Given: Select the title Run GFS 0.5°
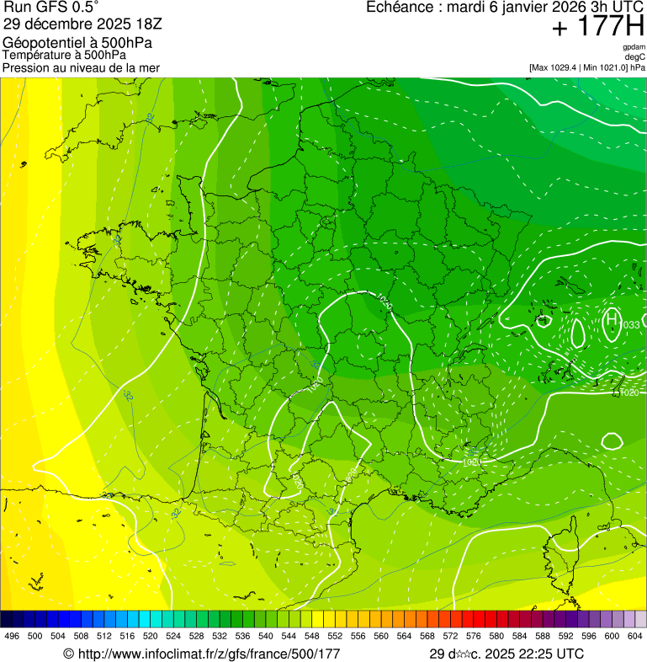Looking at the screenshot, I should point(51,8).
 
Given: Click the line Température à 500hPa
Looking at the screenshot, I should point(65,55).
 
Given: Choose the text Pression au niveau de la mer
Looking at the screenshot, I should point(81,67).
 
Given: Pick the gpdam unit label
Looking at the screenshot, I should point(634,47).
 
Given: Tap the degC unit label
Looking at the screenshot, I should point(635,56).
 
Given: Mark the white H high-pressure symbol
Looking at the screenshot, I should point(612,318).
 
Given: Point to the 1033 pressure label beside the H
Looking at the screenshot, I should point(630,325).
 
